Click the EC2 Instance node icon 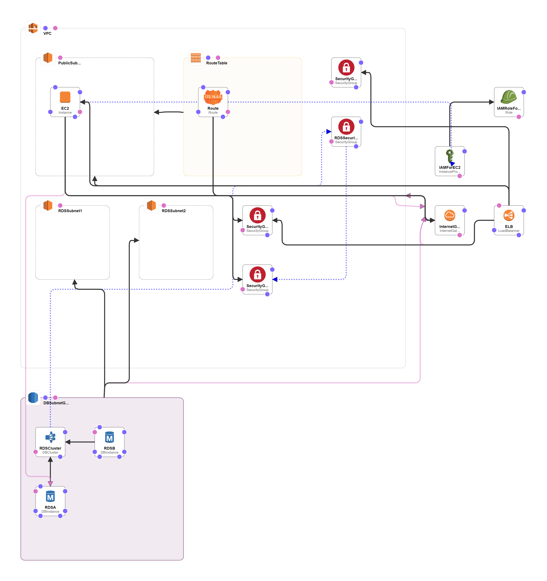pos(65,97)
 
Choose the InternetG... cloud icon pos(450,215)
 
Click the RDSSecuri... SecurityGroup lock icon pos(346,127)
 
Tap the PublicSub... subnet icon pos(48,58)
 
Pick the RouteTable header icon pos(196,58)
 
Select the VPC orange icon pos(33,28)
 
